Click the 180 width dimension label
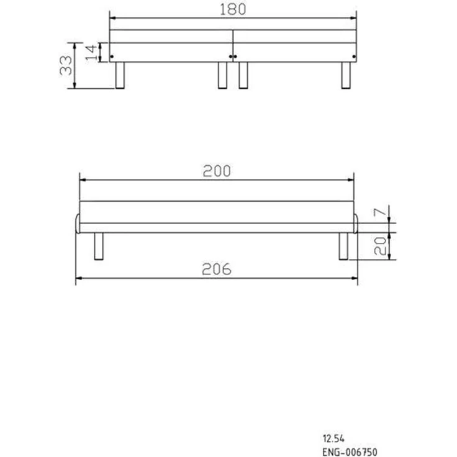pyautogui.click(x=233, y=9)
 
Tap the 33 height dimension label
pyautogui.click(x=66, y=66)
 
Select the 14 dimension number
pyautogui.click(x=91, y=53)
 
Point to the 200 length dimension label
pyautogui.click(x=217, y=171)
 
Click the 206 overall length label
pyautogui.click(x=217, y=269)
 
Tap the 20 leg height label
pyautogui.click(x=380, y=246)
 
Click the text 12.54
pyautogui.click(x=333, y=438)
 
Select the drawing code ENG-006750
pyautogui.click(x=350, y=452)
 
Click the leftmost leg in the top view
pyautogui.click(x=120, y=75)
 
